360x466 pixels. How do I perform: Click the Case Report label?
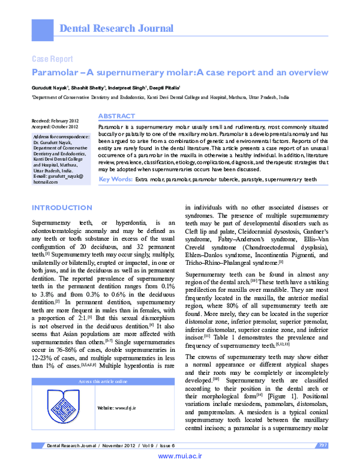[52, 59]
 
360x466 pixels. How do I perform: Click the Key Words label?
[115, 180]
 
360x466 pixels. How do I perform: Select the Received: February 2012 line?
[56, 121]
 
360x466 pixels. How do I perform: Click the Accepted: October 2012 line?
[55, 127]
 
